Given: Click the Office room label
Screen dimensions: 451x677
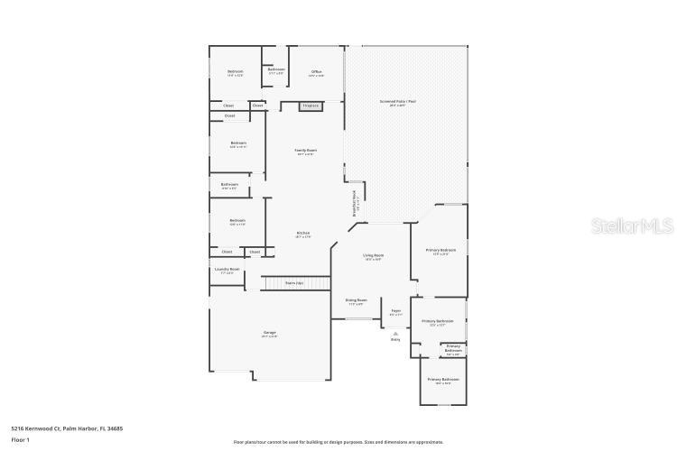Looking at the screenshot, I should tap(317, 71).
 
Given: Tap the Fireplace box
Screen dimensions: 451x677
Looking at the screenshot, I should tap(311, 106).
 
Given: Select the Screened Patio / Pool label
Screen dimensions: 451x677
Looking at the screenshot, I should tap(397, 102).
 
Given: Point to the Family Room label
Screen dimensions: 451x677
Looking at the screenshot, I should tap(306, 151).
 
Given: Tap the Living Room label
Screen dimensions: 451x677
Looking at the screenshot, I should tap(373, 256).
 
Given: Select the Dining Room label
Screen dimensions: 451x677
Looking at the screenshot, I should tap(356, 300).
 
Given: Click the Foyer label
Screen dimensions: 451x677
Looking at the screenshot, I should tap(395, 311).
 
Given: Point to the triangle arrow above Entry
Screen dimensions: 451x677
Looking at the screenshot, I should tap(395, 333).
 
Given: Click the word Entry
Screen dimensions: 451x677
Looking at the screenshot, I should tap(395, 340).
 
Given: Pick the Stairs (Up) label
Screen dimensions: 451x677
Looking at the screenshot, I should tap(294, 283).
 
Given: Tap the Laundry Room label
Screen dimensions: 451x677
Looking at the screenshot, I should tap(227, 269).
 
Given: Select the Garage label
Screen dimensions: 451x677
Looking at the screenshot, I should tap(269, 333).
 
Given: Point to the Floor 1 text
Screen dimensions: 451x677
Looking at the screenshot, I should tap(21, 439).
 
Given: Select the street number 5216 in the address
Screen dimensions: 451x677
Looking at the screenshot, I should tap(17, 428).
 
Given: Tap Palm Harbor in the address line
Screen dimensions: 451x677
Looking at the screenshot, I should tap(79, 428).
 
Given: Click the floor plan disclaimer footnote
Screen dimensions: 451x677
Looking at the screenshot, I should tap(338, 442).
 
